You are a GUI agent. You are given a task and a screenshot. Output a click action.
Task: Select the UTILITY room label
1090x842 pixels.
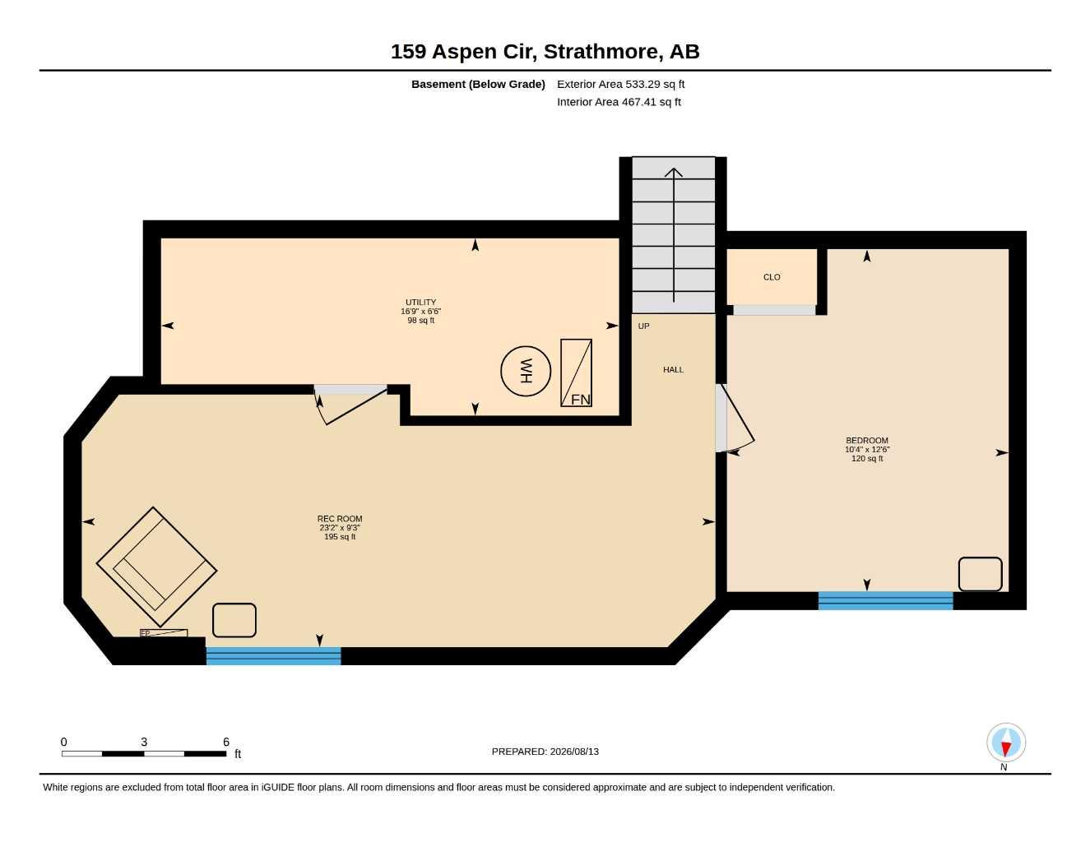420,303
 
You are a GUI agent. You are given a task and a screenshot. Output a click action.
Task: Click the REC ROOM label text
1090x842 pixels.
340,519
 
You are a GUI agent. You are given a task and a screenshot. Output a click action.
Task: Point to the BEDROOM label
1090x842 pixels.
867,441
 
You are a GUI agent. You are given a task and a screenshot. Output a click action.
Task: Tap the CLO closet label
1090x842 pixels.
772,277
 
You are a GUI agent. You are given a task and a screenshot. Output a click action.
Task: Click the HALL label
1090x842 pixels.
673,370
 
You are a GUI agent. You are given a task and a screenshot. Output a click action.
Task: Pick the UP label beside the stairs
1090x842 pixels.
643,326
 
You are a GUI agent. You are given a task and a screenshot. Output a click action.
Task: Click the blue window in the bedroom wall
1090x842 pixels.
885,600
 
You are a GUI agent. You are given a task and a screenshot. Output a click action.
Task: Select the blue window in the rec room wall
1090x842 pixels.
273,656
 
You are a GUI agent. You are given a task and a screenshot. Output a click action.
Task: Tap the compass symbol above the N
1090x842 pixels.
1006,743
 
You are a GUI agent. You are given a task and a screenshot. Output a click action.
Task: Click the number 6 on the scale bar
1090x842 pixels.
226,742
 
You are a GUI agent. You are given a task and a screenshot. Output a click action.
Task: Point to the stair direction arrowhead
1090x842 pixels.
673,172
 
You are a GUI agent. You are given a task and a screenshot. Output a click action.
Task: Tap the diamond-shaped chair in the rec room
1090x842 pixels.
156,567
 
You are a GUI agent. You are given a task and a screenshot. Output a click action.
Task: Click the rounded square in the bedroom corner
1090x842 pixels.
980,574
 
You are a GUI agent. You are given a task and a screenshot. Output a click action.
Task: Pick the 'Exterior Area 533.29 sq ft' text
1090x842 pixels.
620,84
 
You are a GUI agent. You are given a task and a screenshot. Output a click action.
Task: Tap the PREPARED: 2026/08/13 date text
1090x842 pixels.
545,752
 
